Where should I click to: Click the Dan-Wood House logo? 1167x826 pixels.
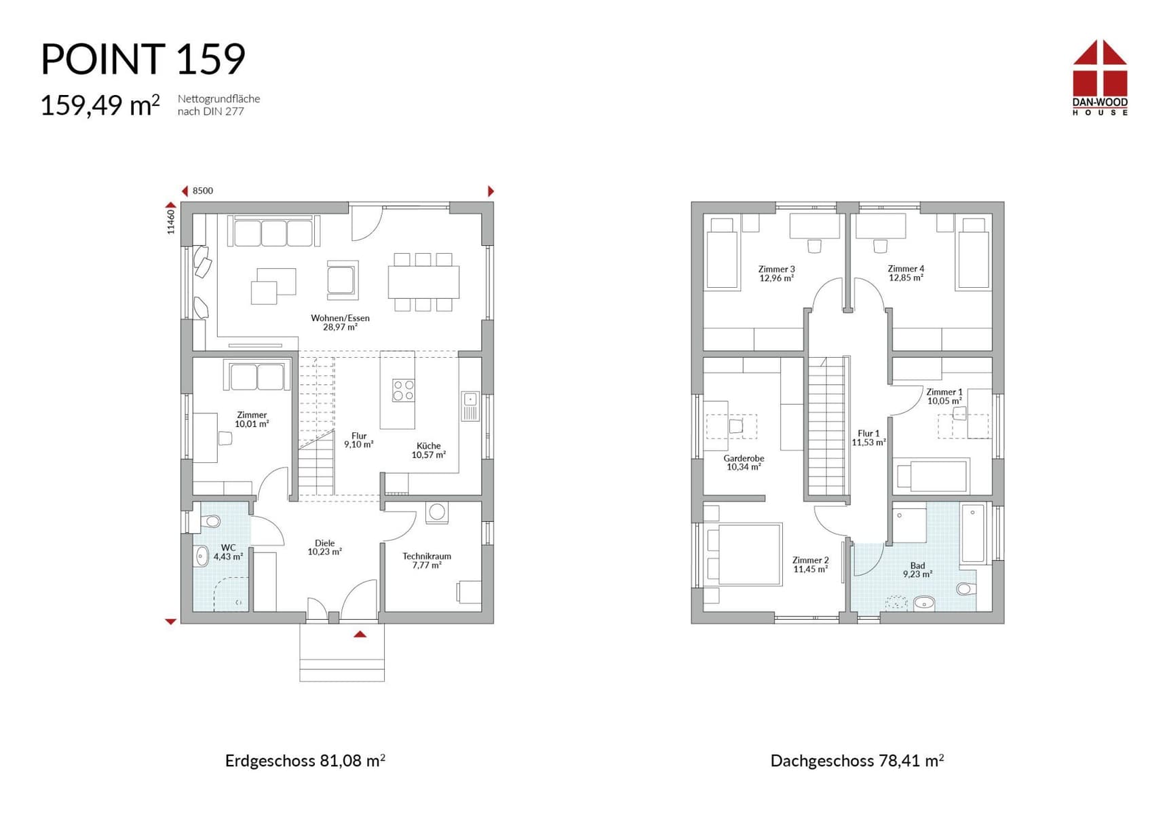coord(1100,77)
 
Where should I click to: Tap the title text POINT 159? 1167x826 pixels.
coord(143,59)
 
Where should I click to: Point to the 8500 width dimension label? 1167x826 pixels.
coord(203,191)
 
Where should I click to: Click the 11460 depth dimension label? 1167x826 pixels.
coord(171,221)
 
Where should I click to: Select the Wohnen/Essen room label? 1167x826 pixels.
coord(340,322)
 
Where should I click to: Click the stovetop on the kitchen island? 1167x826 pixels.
coord(404,390)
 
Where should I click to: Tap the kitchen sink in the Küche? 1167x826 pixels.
coord(470,406)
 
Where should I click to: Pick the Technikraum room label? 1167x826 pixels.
coord(427,560)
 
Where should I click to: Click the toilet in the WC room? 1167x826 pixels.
coord(210,522)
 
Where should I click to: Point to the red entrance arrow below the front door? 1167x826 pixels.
coord(360,634)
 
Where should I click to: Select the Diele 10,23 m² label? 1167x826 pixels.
coord(324,547)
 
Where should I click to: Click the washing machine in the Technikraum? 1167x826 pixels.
coord(437,512)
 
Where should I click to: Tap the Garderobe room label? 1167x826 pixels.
coord(744,462)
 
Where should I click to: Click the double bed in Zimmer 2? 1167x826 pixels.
coord(743,554)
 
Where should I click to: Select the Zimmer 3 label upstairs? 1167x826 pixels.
coord(776,274)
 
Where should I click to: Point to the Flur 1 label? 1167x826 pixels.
coord(868,438)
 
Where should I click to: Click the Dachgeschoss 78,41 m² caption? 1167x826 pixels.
coord(857,760)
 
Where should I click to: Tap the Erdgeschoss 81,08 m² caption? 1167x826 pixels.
coord(305,760)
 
